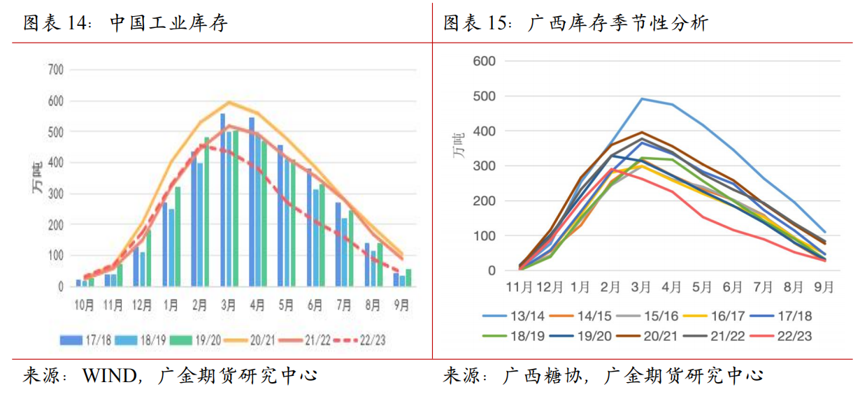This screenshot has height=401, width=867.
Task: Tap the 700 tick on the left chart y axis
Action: (x=55, y=70)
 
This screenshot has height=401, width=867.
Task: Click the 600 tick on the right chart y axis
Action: (x=485, y=61)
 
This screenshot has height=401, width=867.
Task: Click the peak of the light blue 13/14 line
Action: (x=643, y=99)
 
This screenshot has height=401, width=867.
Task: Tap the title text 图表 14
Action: (x=59, y=24)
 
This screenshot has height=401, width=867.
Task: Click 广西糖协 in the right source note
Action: (x=537, y=376)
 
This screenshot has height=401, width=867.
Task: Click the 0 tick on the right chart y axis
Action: (x=492, y=270)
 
